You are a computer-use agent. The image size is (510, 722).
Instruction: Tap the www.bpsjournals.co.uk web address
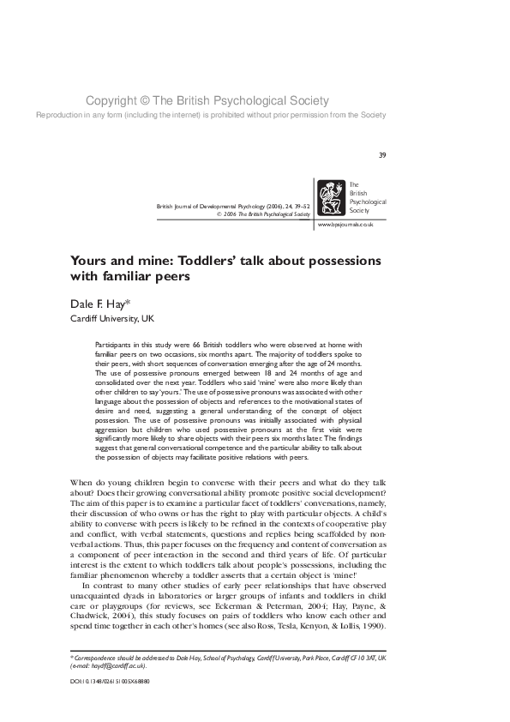[x=345, y=224]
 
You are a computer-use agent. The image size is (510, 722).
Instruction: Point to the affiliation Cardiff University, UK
[x=99, y=318]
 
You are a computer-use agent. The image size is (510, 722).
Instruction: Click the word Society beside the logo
[x=360, y=210]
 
